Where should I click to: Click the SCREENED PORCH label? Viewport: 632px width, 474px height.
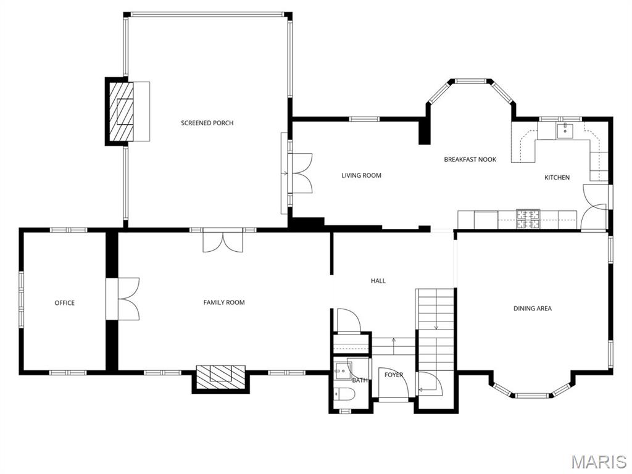pyautogui.click(x=207, y=123)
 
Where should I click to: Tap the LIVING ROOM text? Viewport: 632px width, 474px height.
pyautogui.click(x=361, y=175)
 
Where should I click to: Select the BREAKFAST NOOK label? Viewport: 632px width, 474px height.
pyautogui.click(x=470, y=159)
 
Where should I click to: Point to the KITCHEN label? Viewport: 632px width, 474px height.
pyautogui.click(x=557, y=178)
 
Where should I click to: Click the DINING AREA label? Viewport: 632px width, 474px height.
pyautogui.click(x=532, y=309)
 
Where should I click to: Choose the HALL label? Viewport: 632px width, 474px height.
pyautogui.click(x=378, y=281)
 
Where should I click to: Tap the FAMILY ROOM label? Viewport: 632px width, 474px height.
pyautogui.click(x=224, y=302)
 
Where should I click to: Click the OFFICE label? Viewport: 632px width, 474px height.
pyautogui.click(x=64, y=303)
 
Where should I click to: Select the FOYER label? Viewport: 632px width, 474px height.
pyautogui.click(x=394, y=375)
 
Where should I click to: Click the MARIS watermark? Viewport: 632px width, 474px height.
pyautogui.click(x=598, y=462)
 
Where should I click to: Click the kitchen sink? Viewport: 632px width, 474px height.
pyautogui.click(x=565, y=130)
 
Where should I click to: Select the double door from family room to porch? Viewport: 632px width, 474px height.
pyautogui.click(x=223, y=241)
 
